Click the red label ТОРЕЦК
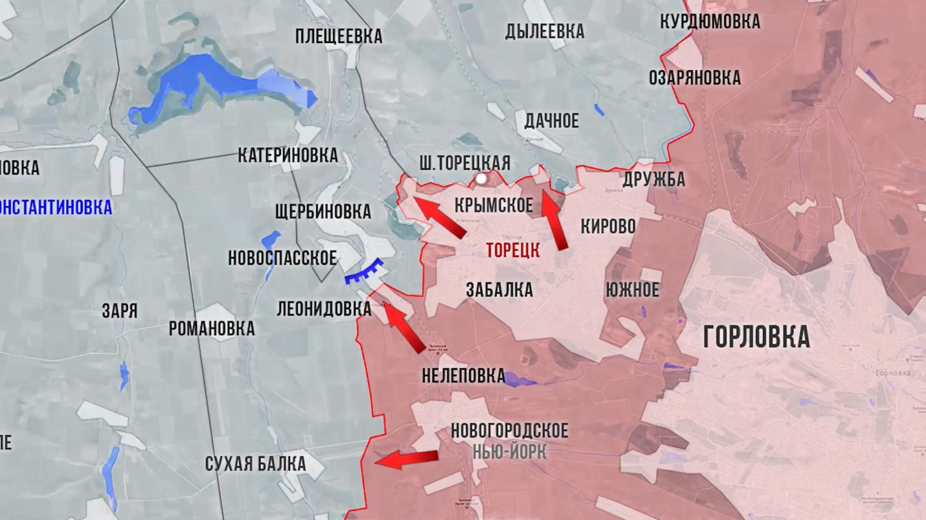click(x=513, y=251)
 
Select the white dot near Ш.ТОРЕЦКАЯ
click(x=481, y=179)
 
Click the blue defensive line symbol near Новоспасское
click(x=364, y=272)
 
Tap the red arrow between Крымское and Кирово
click(x=554, y=219)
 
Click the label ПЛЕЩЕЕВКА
click(x=339, y=37)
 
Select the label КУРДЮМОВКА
click(x=709, y=22)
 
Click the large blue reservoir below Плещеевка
click(x=212, y=82)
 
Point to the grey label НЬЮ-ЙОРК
click(x=509, y=452)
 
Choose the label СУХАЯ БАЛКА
click(x=255, y=464)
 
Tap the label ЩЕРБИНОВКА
click(x=323, y=212)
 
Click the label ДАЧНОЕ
click(x=551, y=121)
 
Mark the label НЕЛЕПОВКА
click(x=463, y=376)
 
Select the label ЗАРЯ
click(x=120, y=311)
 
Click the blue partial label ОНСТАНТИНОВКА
click(x=56, y=208)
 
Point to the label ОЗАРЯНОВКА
click(x=694, y=78)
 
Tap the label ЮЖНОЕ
click(x=632, y=290)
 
